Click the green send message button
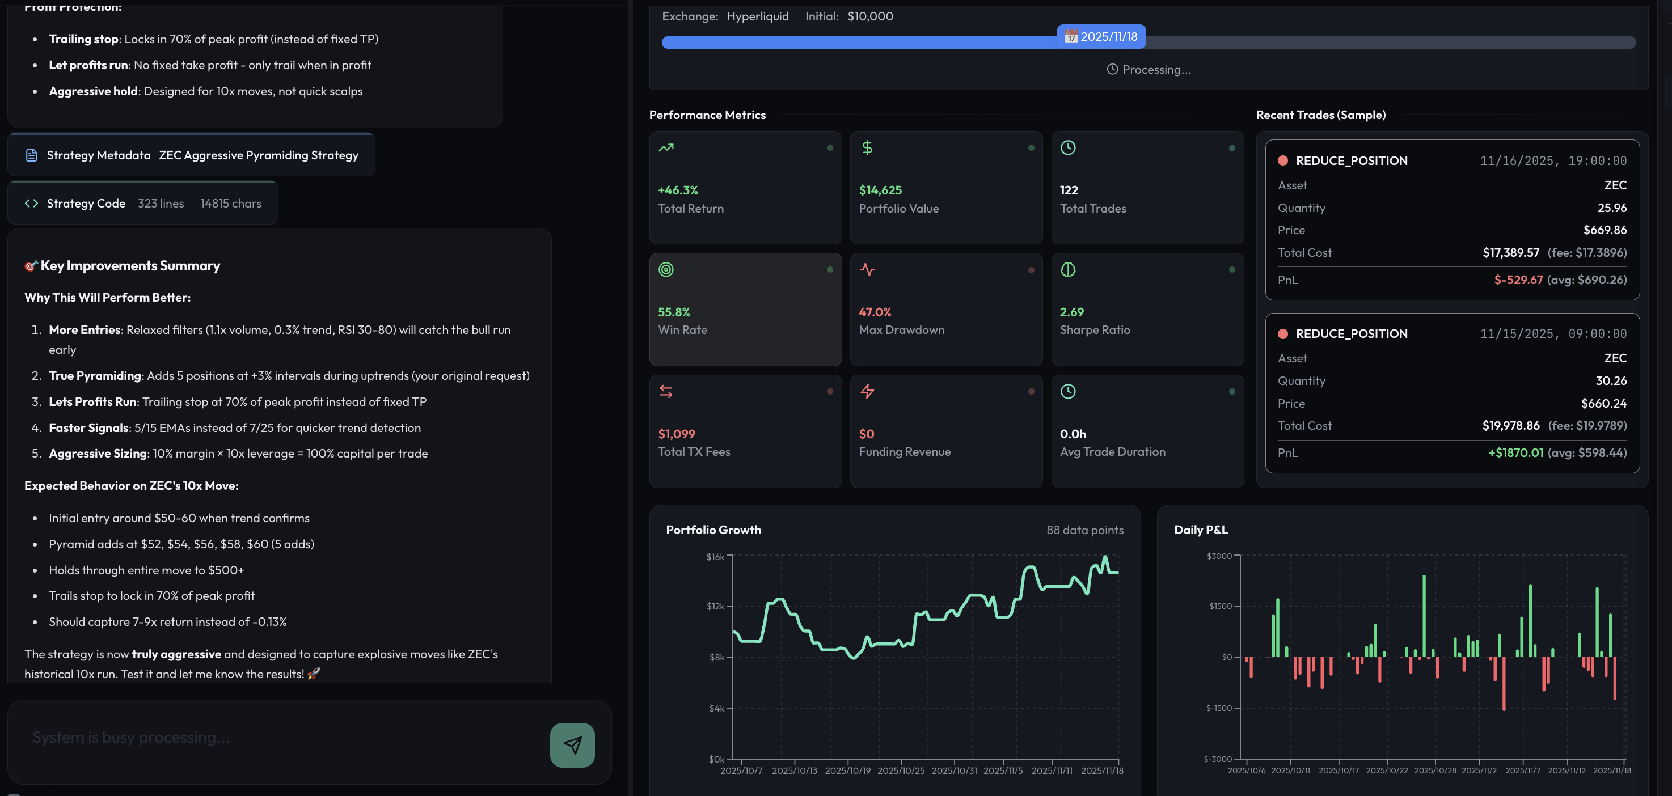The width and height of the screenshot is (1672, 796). point(572,745)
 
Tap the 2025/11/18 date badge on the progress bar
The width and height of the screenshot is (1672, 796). point(1101,37)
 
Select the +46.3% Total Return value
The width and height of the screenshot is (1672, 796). point(678,190)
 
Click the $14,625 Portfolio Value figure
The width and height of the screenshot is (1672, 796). point(880,190)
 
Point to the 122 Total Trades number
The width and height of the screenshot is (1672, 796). point(1069,190)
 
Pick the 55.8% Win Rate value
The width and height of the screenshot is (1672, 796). point(674,312)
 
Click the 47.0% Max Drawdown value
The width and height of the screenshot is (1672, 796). point(875,312)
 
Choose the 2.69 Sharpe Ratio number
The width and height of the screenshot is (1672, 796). point(1071,312)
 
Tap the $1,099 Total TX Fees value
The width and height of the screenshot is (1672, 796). point(676,434)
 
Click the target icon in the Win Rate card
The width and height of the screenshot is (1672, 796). point(666,269)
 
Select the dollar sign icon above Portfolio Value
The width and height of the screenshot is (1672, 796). point(867,148)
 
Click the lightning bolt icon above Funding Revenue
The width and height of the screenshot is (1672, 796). point(867,391)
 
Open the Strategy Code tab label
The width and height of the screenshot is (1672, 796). point(86,204)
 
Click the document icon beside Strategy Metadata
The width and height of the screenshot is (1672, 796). point(31,155)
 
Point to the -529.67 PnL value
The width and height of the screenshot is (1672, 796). point(1518,280)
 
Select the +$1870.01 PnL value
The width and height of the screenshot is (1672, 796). point(1515,453)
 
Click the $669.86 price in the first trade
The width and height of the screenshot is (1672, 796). point(1605,230)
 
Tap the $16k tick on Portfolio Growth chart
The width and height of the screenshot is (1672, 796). point(715,557)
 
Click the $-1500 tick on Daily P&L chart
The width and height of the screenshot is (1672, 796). point(1218,708)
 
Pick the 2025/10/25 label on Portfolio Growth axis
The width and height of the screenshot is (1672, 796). point(900,770)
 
